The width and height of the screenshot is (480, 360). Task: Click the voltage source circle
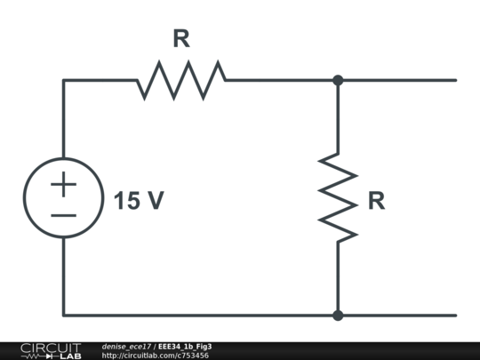(63, 198)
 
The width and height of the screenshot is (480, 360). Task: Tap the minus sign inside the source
(63, 214)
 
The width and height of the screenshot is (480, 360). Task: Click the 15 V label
(139, 202)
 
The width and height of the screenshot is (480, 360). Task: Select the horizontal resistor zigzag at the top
(181, 80)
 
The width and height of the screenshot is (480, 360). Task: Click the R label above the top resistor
(181, 39)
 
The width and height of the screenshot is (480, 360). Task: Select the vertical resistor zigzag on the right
(338, 196)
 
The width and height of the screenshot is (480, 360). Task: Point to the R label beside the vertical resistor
(377, 202)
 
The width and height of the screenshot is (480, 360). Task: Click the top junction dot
(338, 80)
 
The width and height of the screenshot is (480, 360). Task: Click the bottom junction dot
(338, 315)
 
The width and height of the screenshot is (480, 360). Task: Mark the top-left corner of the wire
(63, 80)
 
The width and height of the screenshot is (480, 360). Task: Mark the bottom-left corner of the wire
(63, 315)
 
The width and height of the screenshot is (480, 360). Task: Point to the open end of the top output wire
(455, 80)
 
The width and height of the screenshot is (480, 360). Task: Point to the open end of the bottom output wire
(455, 315)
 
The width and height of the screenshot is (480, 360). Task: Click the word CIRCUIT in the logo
(51, 347)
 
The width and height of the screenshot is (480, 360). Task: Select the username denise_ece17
(126, 346)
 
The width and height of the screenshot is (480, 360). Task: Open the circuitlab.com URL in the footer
(156, 356)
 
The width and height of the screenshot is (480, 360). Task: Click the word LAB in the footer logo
(71, 356)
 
